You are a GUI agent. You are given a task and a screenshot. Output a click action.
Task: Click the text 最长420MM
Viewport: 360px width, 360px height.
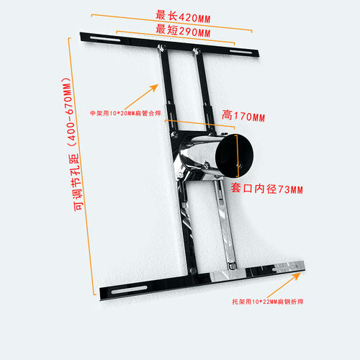pyautogui.click(x=183, y=17)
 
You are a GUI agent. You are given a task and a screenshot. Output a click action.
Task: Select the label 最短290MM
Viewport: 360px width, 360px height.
pyautogui.click(x=183, y=31)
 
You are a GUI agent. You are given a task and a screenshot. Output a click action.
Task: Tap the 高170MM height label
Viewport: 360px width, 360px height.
pyautogui.click(x=243, y=116)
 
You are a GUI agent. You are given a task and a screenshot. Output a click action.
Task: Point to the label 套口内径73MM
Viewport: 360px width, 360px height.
pyautogui.click(x=267, y=189)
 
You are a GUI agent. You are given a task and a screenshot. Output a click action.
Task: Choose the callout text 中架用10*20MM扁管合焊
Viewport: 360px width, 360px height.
pyautogui.click(x=125, y=113)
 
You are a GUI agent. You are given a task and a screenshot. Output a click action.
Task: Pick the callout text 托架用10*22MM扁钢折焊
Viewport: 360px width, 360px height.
pyautogui.click(x=268, y=302)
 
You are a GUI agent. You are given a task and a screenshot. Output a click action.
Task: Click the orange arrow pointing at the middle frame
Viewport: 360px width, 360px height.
pyautogui.click(x=141, y=97)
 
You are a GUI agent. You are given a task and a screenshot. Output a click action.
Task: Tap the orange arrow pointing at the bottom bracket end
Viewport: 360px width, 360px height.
pyautogui.click(x=284, y=285)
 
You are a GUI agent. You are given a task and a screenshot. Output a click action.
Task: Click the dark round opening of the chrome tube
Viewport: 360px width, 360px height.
pyautogui.click(x=234, y=156)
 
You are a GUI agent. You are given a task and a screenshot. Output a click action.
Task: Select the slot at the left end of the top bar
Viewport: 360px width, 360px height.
pyautogui.click(x=105, y=39)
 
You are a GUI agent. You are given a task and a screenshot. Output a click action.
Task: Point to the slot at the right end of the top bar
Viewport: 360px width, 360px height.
pyautogui.click(x=240, y=52)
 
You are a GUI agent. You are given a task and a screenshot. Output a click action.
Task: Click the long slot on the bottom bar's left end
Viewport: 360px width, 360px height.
pyautogui.click(x=129, y=289)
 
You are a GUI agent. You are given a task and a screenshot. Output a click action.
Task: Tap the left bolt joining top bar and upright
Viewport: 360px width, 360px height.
pyautogui.click(x=161, y=48)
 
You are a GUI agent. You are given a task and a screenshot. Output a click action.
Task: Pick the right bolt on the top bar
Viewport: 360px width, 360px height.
pyautogui.click(x=197, y=50)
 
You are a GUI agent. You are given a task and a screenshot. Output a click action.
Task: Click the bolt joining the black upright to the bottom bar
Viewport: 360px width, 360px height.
pyautogui.click(x=193, y=271)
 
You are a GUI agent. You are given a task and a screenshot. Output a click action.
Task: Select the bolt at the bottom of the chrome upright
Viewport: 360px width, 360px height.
pyautogui.click(x=232, y=266)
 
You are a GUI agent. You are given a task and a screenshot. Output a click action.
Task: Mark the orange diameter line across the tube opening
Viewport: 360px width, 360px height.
pyautogui.click(x=238, y=156)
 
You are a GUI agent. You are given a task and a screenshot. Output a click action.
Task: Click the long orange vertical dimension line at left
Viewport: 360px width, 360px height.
pyautogui.click(x=81, y=166)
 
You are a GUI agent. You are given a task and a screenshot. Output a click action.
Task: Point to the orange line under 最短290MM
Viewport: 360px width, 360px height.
pyautogui.click(x=176, y=37)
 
